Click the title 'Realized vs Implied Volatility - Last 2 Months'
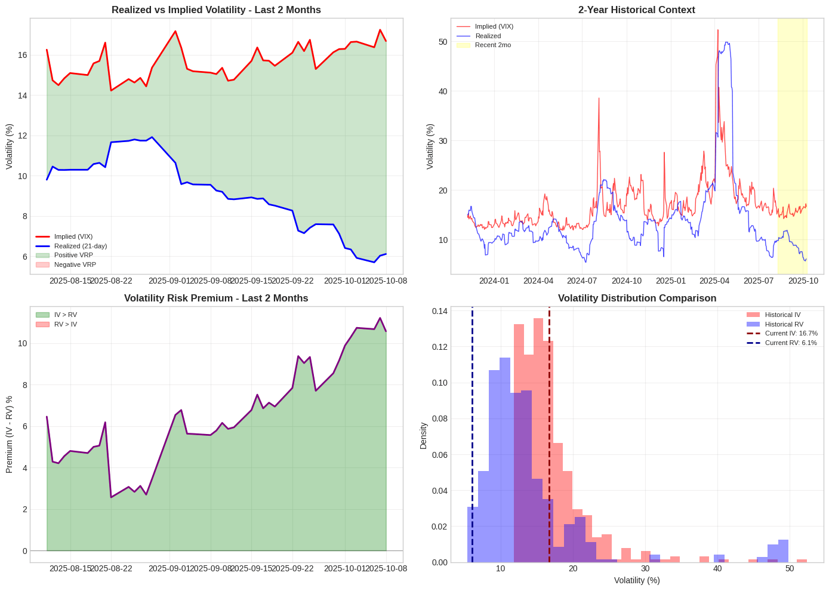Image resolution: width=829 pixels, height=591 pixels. click(x=216, y=10)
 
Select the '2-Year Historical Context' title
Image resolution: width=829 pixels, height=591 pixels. click(x=636, y=10)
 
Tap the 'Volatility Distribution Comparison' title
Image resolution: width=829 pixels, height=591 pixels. click(x=637, y=298)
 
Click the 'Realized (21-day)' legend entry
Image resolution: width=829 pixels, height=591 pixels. click(x=80, y=246)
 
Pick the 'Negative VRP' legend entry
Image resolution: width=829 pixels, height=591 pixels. click(x=75, y=264)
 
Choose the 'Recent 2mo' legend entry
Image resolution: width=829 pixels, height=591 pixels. click(x=492, y=45)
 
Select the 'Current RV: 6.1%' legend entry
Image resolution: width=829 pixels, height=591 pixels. click(x=790, y=343)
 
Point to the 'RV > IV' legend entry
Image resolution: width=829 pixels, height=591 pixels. click(x=65, y=324)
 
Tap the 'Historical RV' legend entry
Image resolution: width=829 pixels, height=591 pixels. click(x=784, y=324)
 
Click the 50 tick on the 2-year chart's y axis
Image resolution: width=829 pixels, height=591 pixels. click(x=442, y=42)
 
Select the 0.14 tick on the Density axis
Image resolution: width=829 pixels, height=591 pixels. click(x=440, y=311)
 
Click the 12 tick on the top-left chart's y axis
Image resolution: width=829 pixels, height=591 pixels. click(x=22, y=136)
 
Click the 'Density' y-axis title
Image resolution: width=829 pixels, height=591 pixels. click(x=424, y=435)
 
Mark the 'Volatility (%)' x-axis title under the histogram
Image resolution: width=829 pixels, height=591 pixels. click(x=637, y=580)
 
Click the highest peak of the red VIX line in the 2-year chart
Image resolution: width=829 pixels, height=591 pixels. click(x=717, y=30)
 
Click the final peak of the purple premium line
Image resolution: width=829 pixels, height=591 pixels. click(x=380, y=318)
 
